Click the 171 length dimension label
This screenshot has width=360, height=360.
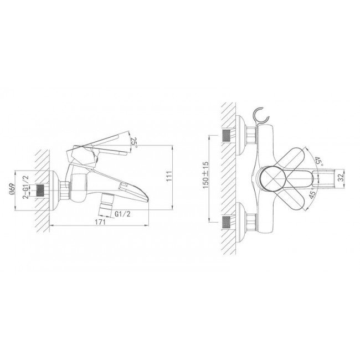100,222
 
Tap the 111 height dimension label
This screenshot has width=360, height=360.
169,176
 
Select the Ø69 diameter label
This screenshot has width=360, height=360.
12,189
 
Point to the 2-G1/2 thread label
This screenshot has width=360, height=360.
26,187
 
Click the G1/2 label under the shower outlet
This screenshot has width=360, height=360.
122,214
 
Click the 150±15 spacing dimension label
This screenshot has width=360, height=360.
205,175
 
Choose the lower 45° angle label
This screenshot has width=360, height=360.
312,194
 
